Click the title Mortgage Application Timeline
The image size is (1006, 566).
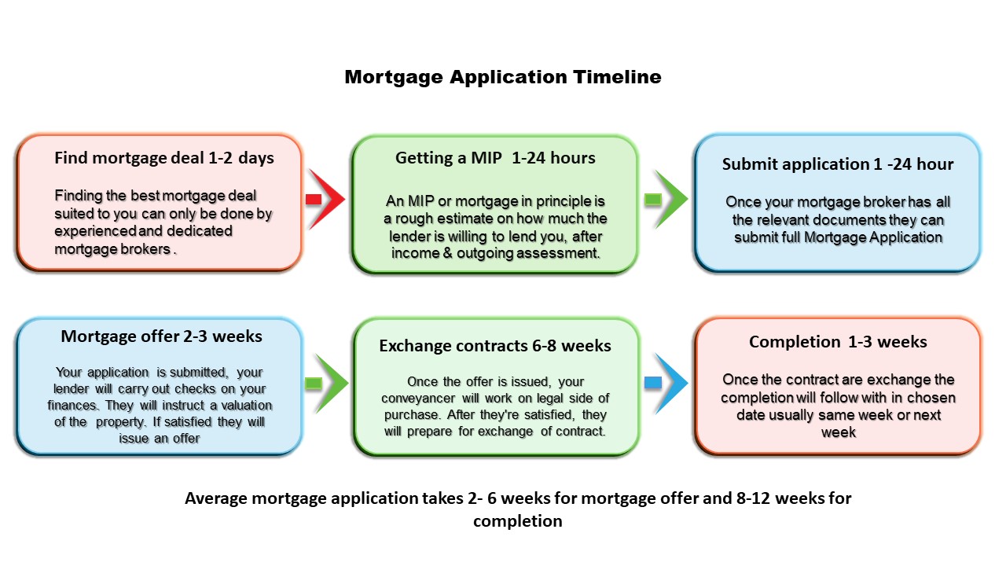point(503,77)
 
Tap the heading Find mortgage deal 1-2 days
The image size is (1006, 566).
point(164,158)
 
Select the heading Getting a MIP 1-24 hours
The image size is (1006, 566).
point(495,158)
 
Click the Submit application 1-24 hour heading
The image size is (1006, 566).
point(838,164)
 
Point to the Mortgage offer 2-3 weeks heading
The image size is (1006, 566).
point(161,336)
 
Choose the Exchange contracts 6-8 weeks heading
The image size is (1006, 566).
point(495,346)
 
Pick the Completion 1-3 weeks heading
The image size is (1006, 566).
point(838,342)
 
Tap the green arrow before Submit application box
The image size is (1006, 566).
point(665,199)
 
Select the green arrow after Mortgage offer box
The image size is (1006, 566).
point(326,383)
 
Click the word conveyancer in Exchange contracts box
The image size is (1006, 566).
point(420,399)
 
